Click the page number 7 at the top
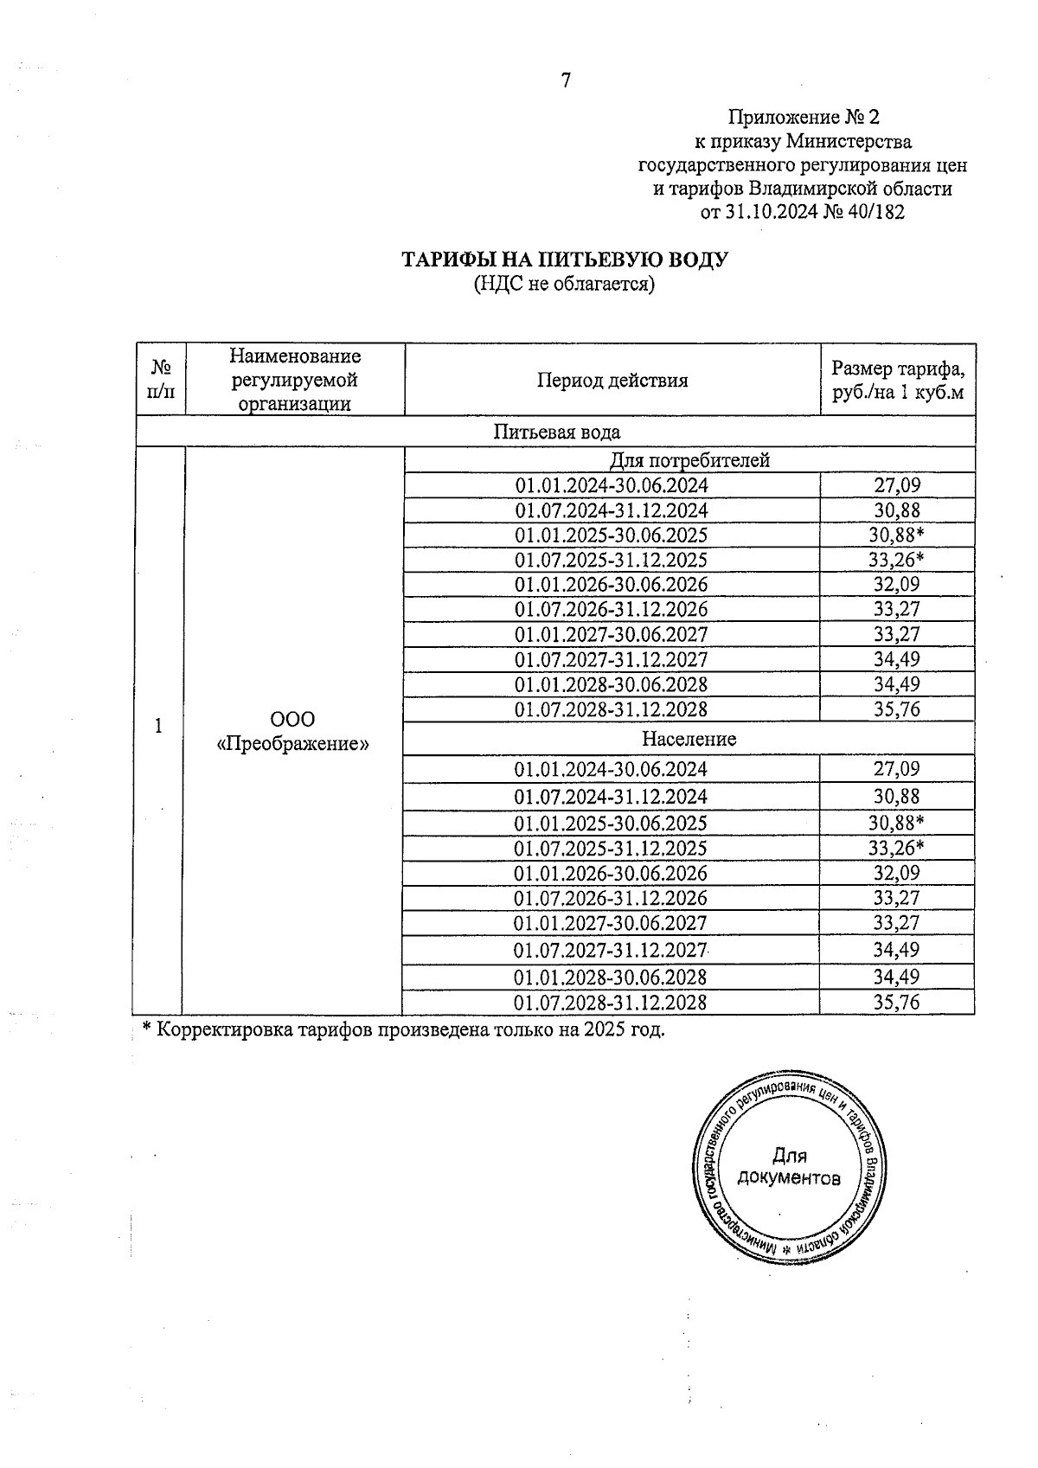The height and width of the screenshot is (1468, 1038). point(566,81)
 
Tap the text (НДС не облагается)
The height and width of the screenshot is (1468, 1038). point(564,284)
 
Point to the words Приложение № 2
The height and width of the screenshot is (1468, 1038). point(803,117)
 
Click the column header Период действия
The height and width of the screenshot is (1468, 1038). point(612,381)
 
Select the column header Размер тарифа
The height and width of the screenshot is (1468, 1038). point(897,369)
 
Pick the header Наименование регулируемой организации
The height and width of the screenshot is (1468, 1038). point(295,380)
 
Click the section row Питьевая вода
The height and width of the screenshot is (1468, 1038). point(556,432)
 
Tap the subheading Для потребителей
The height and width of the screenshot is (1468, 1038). point(689,460)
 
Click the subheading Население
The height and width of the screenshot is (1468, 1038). point(689,739)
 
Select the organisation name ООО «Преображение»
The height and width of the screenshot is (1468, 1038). point(293,731)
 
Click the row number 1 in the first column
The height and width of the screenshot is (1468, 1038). point(158,727)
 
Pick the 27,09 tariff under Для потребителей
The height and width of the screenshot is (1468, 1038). point(896,485)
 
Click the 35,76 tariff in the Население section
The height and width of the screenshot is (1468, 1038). point(896,1003)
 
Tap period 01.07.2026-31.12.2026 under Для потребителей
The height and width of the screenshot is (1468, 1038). point(611,609)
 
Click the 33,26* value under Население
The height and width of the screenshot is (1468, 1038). point(896,848)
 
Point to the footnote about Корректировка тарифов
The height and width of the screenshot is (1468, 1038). point(403,1030)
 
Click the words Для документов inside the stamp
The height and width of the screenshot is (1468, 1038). point(788,1167)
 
